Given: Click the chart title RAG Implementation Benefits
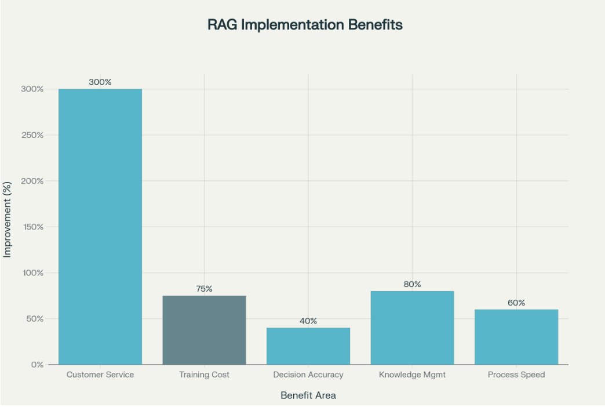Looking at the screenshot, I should point(305,25).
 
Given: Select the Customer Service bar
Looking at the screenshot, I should point(100,227).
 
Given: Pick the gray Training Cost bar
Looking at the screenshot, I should point(204,330).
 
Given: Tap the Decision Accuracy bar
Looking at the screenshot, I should point(308,346).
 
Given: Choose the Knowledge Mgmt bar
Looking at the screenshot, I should point(412,328).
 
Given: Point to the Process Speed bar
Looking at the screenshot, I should point(516,337).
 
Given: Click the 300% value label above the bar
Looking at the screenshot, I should point(100,82).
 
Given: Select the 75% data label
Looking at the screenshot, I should point(204,289).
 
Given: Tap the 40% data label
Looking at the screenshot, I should point(308,321).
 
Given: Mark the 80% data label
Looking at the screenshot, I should point(412,284).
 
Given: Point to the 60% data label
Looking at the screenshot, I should point(516,303).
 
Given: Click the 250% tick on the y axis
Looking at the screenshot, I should point(32,135).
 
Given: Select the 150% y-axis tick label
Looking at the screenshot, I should point(32,227).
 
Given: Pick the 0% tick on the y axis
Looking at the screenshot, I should point(37,365).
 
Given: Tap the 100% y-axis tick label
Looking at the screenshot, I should point(32,272).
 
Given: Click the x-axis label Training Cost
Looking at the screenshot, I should point(204,375).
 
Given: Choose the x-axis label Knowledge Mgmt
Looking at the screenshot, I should point(412,375).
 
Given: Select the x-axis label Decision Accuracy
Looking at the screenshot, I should point(308,375).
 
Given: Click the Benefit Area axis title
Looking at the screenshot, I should point(308,395).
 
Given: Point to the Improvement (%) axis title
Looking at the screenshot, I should point(8,227).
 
